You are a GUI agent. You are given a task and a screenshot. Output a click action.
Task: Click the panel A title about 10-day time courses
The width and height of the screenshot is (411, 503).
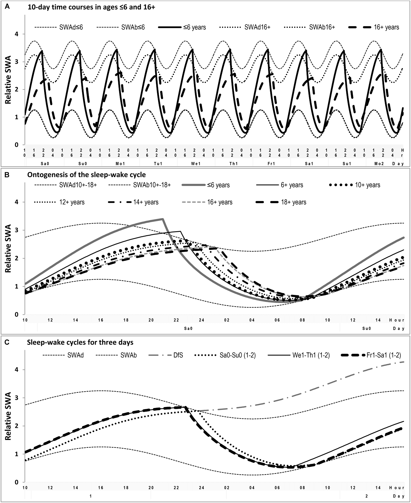pyautogui.click(x=91, y=8)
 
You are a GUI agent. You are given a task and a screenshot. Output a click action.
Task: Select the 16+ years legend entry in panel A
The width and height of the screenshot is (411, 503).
pyautogui.click(x=386, y=27)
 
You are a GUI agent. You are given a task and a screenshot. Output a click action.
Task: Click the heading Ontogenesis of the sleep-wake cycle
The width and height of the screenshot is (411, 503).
pyautogui.click(x=87, y=175)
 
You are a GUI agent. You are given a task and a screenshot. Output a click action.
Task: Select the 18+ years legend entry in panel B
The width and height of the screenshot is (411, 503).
pyautogui.click(x=294, y=202)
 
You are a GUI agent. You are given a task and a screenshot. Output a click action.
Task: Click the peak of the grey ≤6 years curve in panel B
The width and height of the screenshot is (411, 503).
pyautogui.click(x=162, y=219)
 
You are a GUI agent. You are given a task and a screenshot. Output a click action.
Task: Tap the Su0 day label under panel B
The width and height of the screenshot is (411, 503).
pyautogui.click(x=367, y=328)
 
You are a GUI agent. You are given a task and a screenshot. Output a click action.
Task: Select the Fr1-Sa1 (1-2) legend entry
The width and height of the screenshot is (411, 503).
pyautogui.click(x=384, y=356)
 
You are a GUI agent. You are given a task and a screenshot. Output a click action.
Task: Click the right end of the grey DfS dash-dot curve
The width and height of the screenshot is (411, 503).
pyautogui.click(x=404, y=362)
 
